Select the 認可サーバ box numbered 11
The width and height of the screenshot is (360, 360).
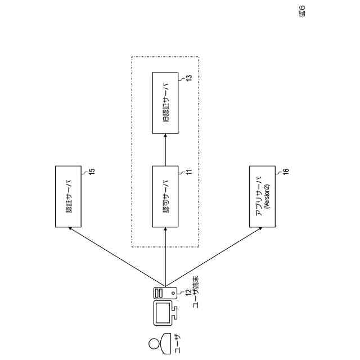(x=165, y=197)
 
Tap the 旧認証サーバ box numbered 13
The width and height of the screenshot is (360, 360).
(x=165, y=102)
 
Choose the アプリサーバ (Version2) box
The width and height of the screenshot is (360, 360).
(x=262, y=197)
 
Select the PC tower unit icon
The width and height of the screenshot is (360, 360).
(x=165, y=292)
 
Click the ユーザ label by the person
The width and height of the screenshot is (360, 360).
(x=177, y=343)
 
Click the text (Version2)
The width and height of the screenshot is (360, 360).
(x=267, y=197)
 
